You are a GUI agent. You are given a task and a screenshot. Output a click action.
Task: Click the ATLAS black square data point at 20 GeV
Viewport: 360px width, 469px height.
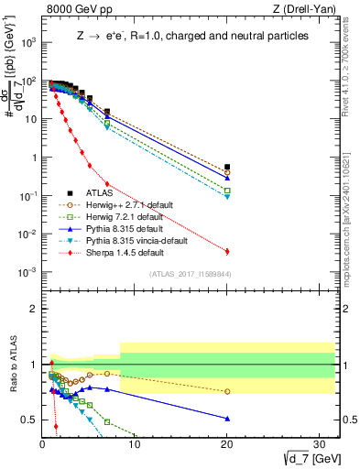[x=227, y=168]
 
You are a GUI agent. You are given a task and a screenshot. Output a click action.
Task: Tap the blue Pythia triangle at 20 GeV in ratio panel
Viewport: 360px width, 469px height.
[x=227, y=419]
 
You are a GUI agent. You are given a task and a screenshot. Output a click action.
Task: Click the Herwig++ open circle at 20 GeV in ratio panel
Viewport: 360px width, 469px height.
[x=227, y=391]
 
